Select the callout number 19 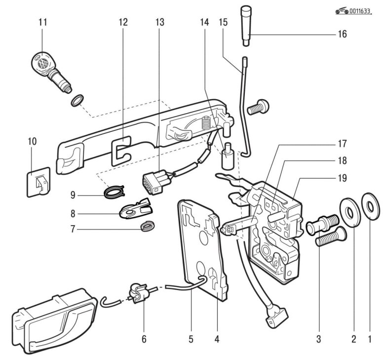tap(343, 177)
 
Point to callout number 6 tap(144, 339)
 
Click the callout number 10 tap(33, 142)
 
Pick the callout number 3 tap(319, 339)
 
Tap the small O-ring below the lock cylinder tap(77, 101)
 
